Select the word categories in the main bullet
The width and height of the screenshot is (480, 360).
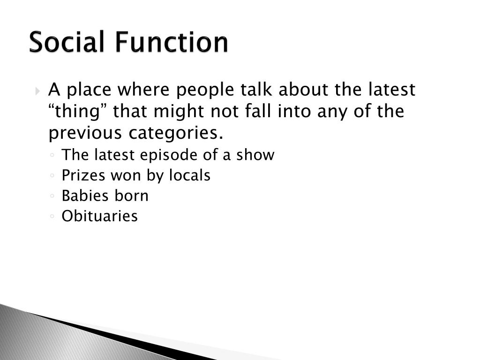tap(173, 134)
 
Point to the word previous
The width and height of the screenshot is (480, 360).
tap(85, 134)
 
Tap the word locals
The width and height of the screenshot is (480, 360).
tap(190, 175)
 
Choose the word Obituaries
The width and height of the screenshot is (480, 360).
tap(100, 216)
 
